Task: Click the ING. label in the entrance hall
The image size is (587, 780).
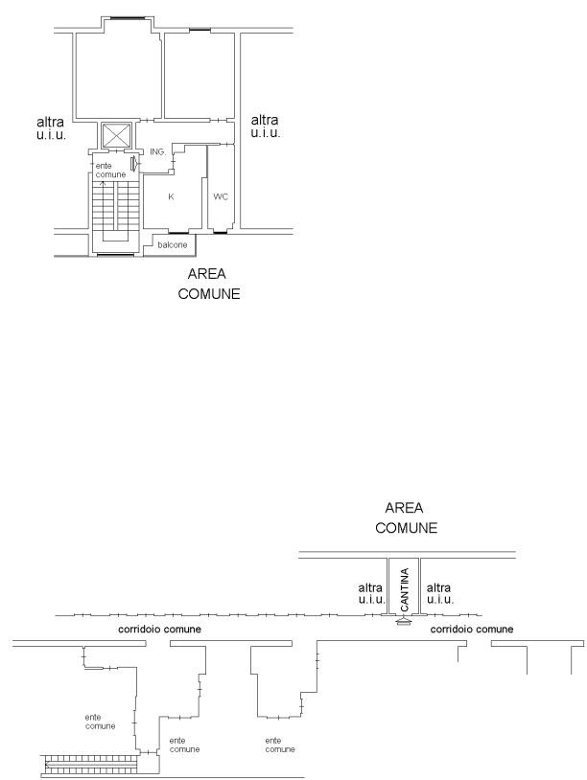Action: pos(157,151)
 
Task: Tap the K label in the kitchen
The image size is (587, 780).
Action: pos(171,196)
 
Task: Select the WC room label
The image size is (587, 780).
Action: pos(220,196)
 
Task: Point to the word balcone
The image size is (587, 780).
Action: pos(173,244)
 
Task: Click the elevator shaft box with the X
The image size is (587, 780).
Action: pos(116,135)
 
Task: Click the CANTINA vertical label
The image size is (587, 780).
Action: pos(404,589)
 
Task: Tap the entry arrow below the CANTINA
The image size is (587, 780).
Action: pos(403,620)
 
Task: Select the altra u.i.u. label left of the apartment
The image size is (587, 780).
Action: pos(51,127)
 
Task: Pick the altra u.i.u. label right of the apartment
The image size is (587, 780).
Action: pos(265,126)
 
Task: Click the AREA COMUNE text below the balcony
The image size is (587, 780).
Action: pos(208,284)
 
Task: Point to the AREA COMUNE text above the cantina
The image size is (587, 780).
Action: pos(406,517)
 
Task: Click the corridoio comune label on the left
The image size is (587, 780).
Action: pos(159,630)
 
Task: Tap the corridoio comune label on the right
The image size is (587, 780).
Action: pos(472,630)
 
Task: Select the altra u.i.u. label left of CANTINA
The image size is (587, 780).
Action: pos(371,593)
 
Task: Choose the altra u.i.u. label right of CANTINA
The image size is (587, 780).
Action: pos(439,593)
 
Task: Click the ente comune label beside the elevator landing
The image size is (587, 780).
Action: pos(110,171)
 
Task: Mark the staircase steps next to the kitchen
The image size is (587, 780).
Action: pos(115,205)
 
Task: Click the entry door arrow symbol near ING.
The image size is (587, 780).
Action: pos(133,163)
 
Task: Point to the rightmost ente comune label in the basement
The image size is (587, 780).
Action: pos(280,745)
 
